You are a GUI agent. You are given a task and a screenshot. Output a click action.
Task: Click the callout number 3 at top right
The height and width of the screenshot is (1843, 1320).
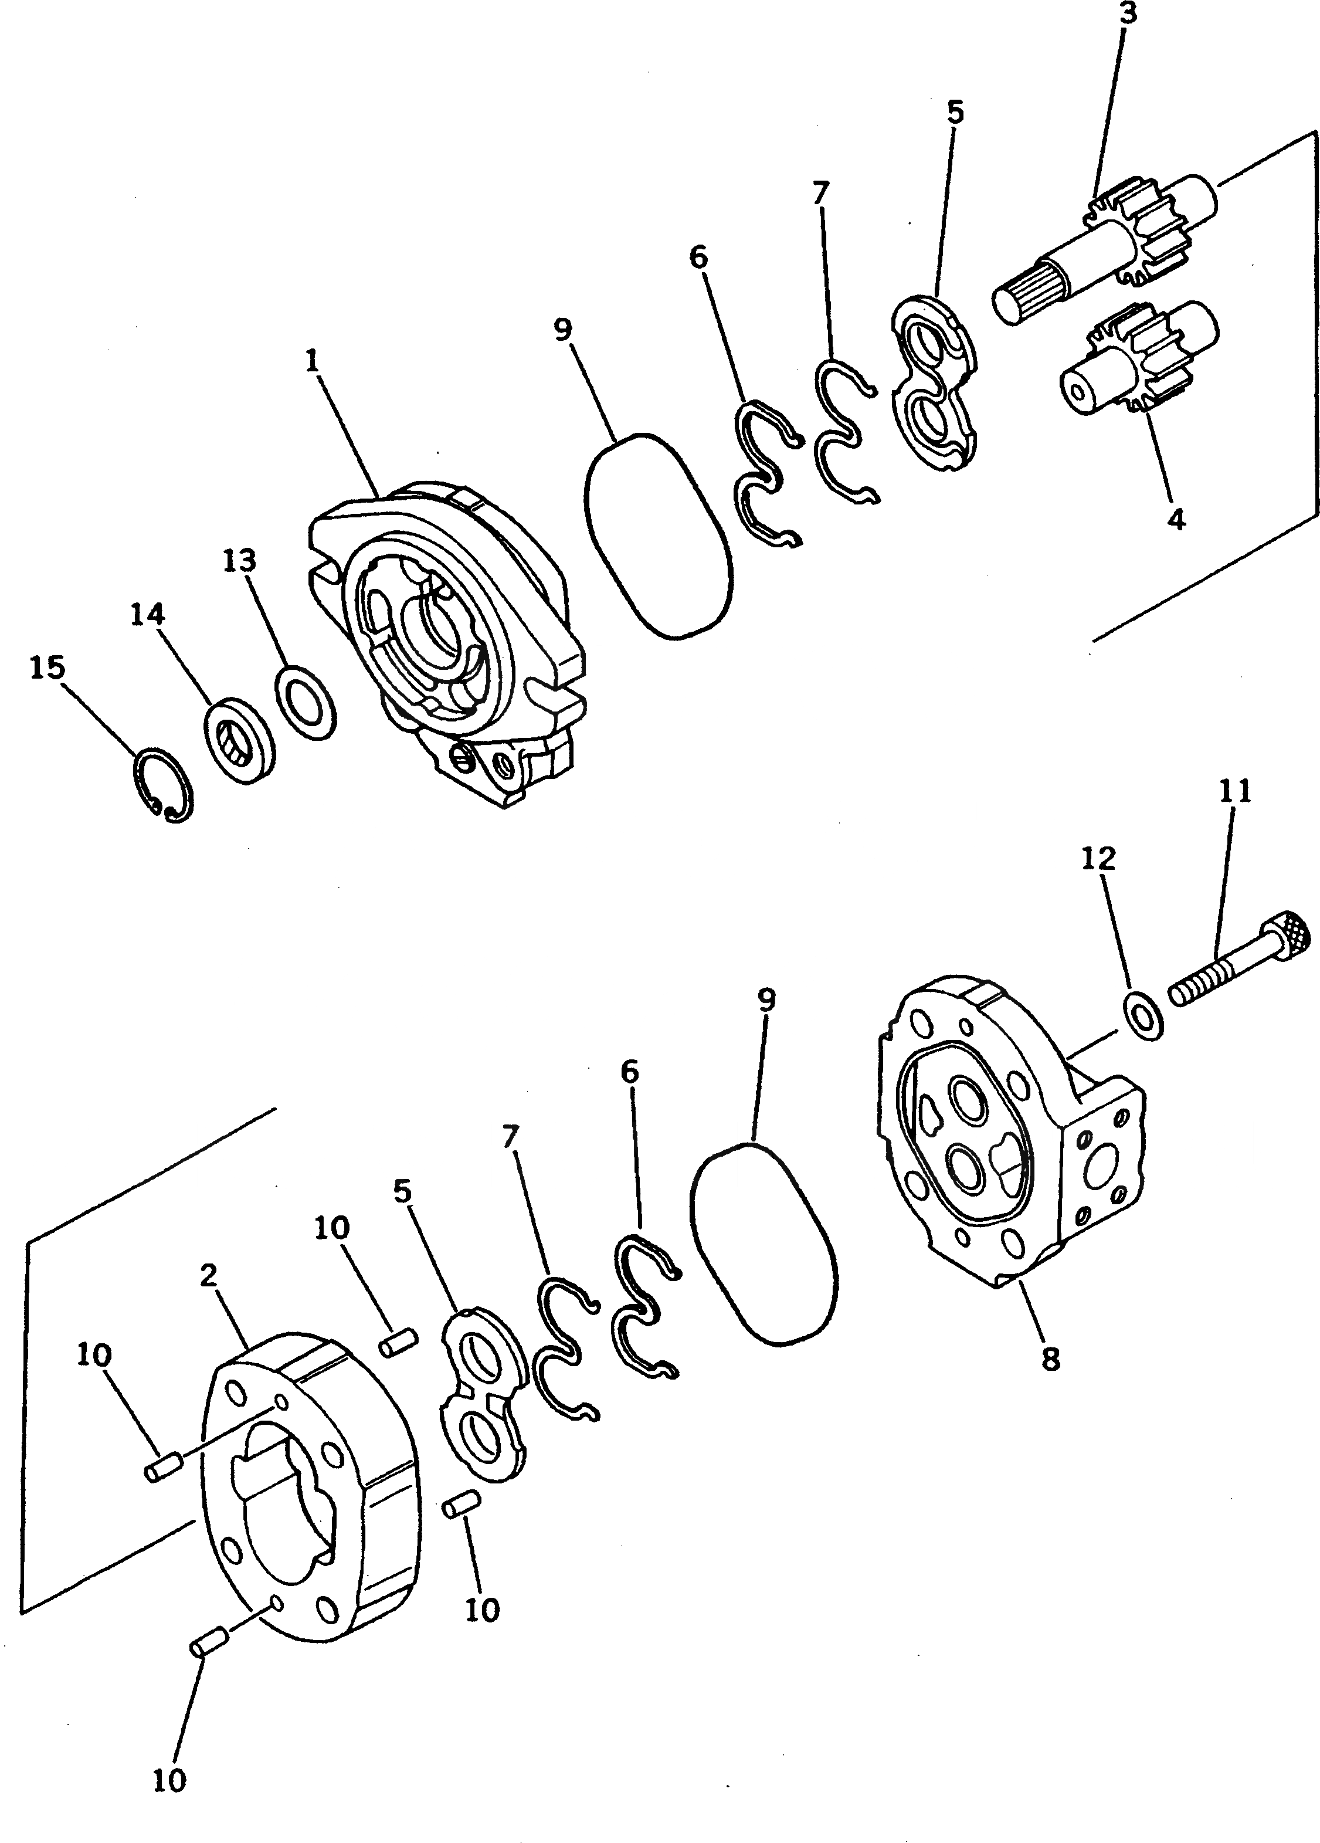(x=1128, y=14)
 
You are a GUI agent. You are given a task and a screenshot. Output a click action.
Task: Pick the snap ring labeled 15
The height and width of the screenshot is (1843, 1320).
(x=163, y=784)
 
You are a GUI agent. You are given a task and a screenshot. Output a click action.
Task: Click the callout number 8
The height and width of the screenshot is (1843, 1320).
(x=1051, y=1358)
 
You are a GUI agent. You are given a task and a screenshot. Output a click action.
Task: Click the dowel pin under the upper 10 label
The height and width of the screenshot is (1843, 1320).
(x=399, y=1341)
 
